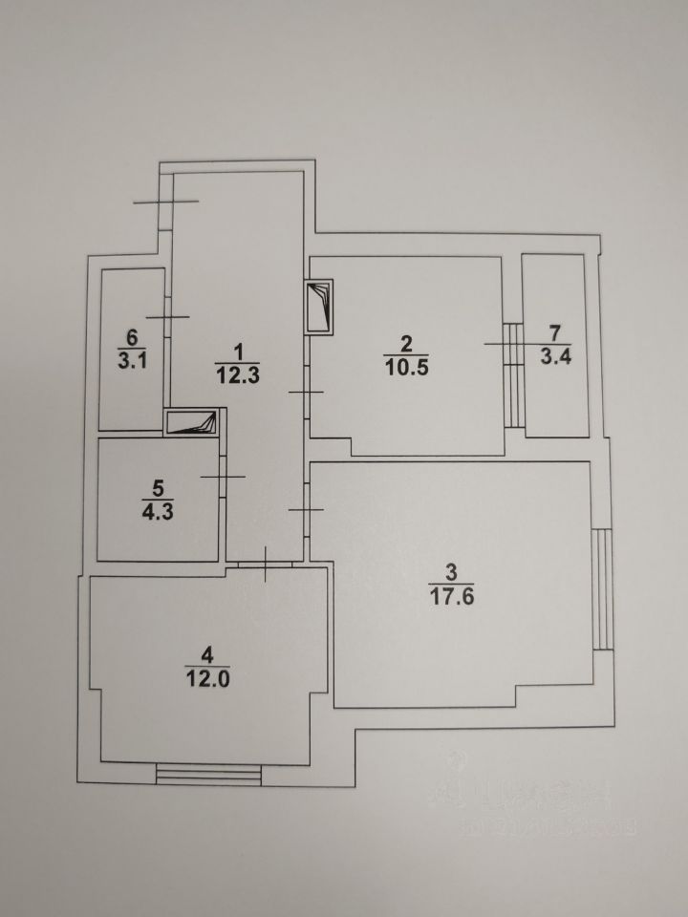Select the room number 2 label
coord(405,343)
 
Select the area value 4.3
coord(157,509)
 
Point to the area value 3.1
coord(132,362)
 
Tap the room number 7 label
coord(554,333)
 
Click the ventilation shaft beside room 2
coord(318,306)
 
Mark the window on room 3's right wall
coord(602,588)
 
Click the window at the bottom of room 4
coord(208,772)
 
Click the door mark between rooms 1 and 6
coord(167,317)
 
